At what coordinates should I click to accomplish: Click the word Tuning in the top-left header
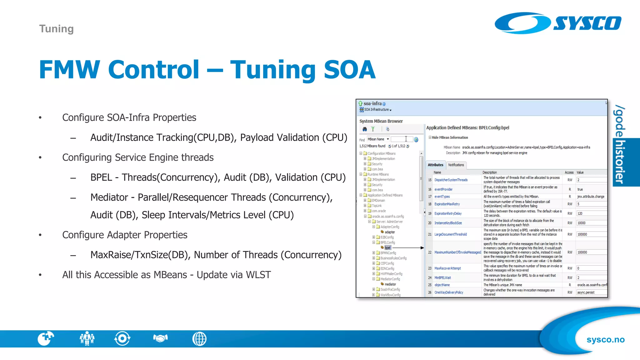pyautogui.click(x=56, y=29)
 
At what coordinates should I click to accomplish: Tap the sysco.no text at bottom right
pyautogui.click(x=605, y=340)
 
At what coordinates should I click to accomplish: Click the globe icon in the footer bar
pyautogui.click(x=199, y=339)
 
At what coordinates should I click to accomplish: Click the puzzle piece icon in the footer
pyautogui.click(x=46, y=338)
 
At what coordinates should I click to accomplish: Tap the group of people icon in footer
pyautogui.click(x=87, y=338)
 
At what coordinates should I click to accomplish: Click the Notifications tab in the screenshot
pyautogui.click(x=456, y=165)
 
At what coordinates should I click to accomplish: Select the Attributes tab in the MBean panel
pyautogui.click(x=435, y=165)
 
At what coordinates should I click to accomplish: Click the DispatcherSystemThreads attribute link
pyautogui.click(x=451, y=180)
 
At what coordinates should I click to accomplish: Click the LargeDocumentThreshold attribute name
pyautogui.click(x=450, y=234)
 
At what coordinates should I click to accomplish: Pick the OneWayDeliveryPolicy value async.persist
pyautogui.click(x=586, y=292)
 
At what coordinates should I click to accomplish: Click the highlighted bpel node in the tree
pyautogui.click(x=387, y=248)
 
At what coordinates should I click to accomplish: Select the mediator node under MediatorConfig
pyautogui.click(x=390, y=284)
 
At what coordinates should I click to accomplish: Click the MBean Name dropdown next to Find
pyautogui.click(x=378, y=139)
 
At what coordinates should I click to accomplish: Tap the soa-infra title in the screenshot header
pyautogui.click(x=372, y=103)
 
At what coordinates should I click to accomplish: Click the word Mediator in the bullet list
pyautogui.click(x=109, y=197)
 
